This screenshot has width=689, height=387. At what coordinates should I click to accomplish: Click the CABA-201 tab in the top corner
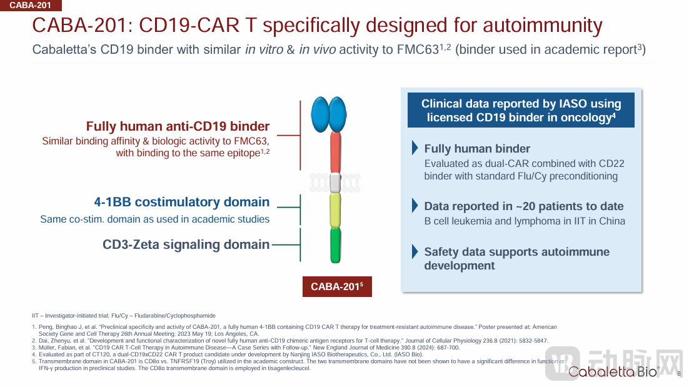[30, 5]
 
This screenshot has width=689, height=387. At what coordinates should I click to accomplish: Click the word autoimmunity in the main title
[543, 25]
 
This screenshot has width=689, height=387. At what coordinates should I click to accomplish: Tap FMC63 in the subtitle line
[418, 49]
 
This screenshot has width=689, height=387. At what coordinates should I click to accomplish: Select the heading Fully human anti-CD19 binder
[178, 126]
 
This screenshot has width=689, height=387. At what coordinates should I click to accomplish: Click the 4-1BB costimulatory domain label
[182, 202]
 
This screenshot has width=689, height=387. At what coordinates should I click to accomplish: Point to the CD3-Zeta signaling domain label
[186, 244]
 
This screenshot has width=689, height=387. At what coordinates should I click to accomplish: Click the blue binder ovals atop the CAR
[329, 114]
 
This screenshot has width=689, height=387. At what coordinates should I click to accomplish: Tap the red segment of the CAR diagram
[335, 153]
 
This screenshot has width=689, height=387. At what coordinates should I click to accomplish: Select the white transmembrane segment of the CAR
[335, 183]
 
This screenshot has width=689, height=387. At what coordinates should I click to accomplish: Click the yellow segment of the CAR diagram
[335, 211]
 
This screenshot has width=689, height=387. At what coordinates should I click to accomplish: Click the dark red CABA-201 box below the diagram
[337, 286]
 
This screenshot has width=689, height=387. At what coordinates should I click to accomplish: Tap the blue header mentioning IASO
[521, 110]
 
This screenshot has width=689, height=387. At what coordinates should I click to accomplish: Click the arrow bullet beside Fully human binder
[415, 148]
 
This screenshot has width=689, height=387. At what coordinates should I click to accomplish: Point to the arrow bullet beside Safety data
[415, 252]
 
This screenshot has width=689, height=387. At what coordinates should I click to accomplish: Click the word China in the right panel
[612, 221]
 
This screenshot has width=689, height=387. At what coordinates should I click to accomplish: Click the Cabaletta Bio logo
[613, 371]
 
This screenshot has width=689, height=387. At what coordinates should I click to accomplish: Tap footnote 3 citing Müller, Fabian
[246, 348]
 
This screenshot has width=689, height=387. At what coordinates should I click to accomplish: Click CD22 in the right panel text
[611, 163]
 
